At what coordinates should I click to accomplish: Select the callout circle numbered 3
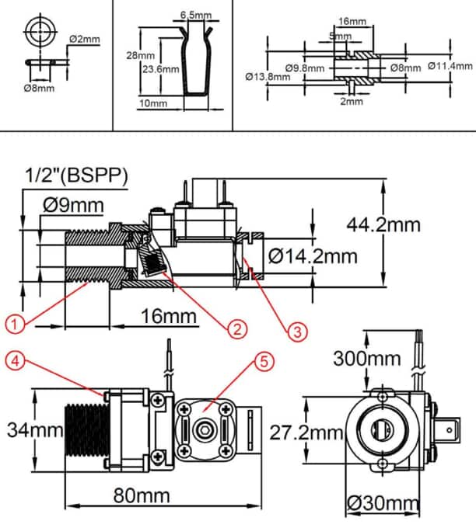pos(297,331)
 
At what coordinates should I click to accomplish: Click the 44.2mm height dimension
pos(383,224)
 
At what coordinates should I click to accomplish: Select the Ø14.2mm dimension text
pos(313,255)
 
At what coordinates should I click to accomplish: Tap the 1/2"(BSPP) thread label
pos(76,175)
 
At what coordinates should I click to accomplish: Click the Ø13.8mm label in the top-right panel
pos(268,77)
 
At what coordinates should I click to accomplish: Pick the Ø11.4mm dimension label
pos(450,67)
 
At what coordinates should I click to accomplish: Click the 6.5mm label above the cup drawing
pos(195,15)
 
